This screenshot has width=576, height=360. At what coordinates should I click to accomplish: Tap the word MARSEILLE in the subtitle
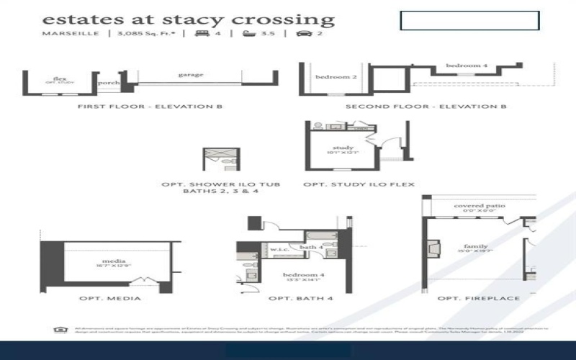pyautogui.click(x=71, y=33)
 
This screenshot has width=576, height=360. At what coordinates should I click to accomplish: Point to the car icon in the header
pyautogui.click(x=302, y=33)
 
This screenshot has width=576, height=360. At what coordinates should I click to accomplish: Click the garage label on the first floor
pyautogui.click(x=191, y=74)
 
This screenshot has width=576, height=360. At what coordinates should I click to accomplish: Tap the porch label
pyautogui.click(x=109, y=83)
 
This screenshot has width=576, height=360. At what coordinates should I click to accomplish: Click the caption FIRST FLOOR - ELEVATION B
pyautogui.click(x=149, y=107)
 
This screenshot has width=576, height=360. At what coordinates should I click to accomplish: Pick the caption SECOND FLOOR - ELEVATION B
pyautogui.click(x=426, y=107)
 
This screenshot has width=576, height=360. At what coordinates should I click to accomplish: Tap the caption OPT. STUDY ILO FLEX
pyautogui.click(x=359, y=184)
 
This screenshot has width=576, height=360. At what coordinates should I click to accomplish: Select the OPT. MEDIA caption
pyautogui.click(x=110, y=298)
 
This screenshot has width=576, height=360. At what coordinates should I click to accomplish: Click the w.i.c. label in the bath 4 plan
pyautogui.click(x=279, y=250)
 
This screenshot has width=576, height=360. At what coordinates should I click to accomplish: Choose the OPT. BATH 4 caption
pyautogui.click(x=294, y=298)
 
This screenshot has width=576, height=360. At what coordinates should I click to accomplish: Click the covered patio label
pyautogui.click(x=480, y=206)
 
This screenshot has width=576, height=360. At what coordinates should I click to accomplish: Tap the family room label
pyautogui.click(x=475, y=246)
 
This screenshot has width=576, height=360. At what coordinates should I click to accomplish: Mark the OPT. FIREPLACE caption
pyautogui.click(x=468, y=298)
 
